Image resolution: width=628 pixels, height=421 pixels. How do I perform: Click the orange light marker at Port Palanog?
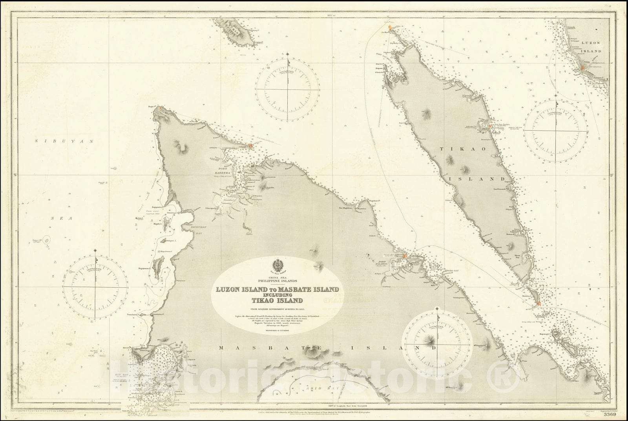[405, 257]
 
